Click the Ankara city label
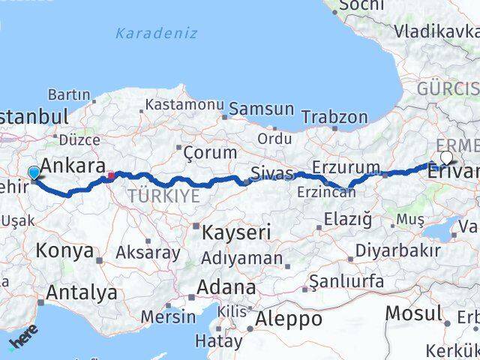(72, 166)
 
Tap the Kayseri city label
(235, 232)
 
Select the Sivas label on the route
(271, 174)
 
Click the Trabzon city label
(334, 118)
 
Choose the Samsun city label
(261, 109)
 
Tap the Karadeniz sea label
(156, 33)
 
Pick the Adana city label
(225, 287)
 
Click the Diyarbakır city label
(399, 250)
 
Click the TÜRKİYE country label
(163, 196)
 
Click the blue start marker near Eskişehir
(34, 174)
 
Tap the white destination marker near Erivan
(446, 157)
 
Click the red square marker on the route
(110, 176)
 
